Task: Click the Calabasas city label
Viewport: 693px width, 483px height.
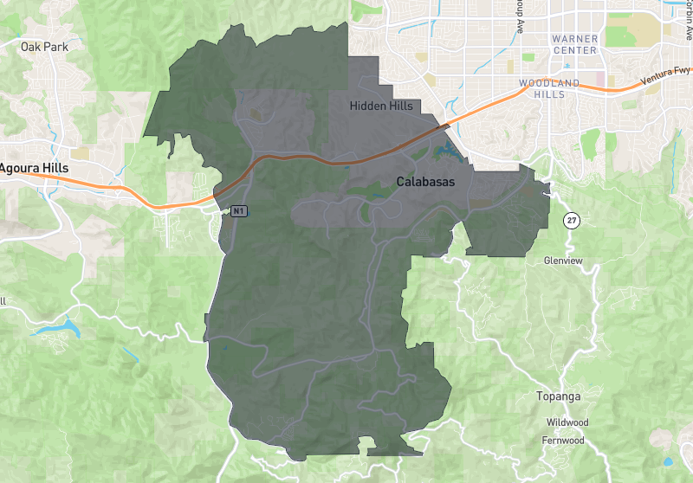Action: pyautogui.click(x=425, y=183)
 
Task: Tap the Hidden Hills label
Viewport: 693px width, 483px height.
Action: pyautogui.click(x=381, y=106)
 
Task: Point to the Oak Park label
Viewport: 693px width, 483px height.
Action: pyautogui.click(x=43, y=46)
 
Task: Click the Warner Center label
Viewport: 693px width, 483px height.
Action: pyautogui.click(x=574, y=45)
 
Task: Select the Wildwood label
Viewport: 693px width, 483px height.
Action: pyautogui.click(x=567, y=422)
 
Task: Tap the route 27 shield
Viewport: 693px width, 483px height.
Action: pyautogui.click(x=571, y=220)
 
